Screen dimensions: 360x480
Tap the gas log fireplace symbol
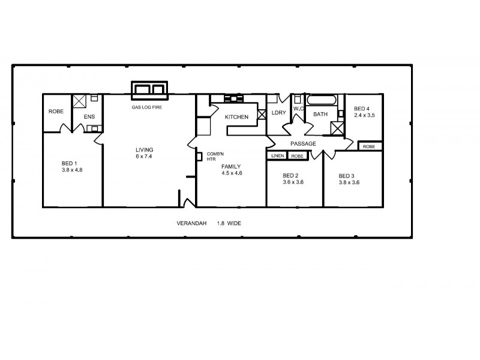click(150, 89)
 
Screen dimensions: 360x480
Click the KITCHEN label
click(236, 117)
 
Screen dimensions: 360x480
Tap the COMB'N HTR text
click(215, 156)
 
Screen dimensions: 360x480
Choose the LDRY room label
click(278, 112)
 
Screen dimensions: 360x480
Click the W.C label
click(298, 109)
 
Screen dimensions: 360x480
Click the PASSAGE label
click(303, 143)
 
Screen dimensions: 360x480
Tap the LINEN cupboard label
click(277, 156)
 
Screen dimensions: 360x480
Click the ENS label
click(89, 116)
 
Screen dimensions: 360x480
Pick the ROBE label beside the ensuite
click(56, 112)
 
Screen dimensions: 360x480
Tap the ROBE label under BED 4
click(369, 146)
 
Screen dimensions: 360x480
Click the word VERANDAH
click(191, 223)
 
